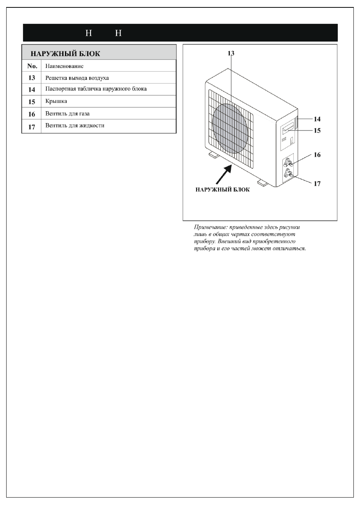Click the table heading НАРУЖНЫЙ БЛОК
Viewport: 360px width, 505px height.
click(66, 54)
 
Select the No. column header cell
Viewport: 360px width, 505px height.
click(32, 66)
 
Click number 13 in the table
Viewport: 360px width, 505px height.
click(32, 78)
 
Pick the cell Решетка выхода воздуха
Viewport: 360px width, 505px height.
click(77, 78)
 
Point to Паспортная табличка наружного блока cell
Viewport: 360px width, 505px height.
click(96, 89)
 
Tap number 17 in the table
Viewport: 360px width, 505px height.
click(32, 126)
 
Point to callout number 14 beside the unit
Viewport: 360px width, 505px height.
click(317, 119)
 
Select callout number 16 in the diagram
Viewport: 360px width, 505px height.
click(317, 155)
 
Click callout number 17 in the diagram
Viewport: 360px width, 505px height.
click(317, 184)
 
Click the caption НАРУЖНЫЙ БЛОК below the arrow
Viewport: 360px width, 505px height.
click(222, 190)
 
